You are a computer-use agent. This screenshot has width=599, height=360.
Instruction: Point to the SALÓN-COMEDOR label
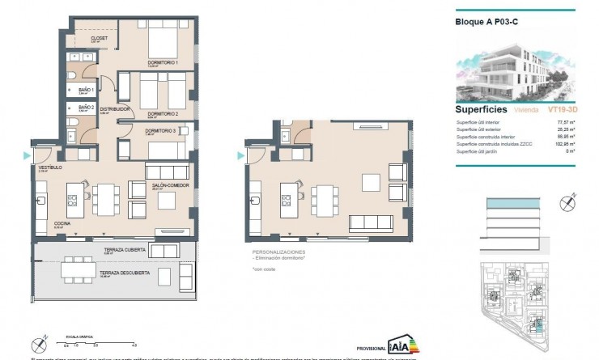coord(167,185)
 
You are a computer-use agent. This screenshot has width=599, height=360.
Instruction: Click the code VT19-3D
coord(563,108)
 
